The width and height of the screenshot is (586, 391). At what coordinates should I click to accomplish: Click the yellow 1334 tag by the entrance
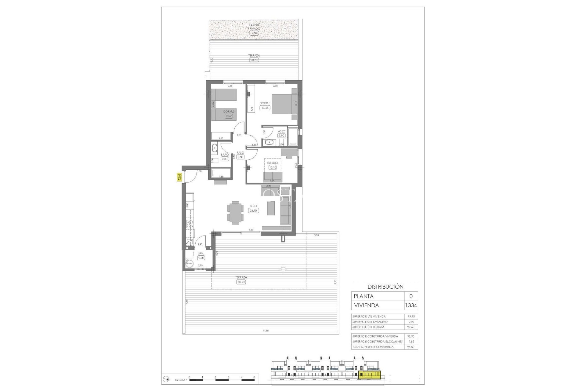point(179,177)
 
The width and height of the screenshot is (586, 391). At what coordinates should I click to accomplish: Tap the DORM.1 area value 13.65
point(265,108)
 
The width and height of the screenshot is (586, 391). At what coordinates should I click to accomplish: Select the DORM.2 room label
point(229,111)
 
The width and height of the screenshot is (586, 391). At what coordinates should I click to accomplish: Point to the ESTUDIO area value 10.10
point(273,167)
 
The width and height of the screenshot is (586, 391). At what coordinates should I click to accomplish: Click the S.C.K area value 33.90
point(253,210)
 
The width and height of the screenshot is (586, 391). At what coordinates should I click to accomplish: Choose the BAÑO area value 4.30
point(225,159)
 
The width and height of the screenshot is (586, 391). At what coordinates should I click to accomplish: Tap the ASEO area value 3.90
point(281,136)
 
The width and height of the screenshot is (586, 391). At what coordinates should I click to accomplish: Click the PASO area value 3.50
point(240,157)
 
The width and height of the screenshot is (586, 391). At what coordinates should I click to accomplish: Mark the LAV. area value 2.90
point(201,258)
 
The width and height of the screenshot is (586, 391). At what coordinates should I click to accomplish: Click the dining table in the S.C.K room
point(235,213)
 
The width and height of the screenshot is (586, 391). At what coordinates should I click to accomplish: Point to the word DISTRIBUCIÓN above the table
point(385,287)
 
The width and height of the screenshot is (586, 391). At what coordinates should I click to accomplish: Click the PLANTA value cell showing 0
point(411,296)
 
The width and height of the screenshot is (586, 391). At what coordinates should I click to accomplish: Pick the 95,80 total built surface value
point(411,347)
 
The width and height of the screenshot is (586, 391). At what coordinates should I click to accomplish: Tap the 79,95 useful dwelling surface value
point(411,316)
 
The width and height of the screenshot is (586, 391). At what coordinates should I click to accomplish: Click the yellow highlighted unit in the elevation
point(370,375)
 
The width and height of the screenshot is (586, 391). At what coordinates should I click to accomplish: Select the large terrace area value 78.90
point(241,282)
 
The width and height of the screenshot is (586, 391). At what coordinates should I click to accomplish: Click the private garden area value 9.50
point(254,33)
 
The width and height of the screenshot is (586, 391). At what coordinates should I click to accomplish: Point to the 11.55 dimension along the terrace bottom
point(266,331)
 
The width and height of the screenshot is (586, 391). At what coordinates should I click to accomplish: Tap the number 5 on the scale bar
point(254,377)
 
